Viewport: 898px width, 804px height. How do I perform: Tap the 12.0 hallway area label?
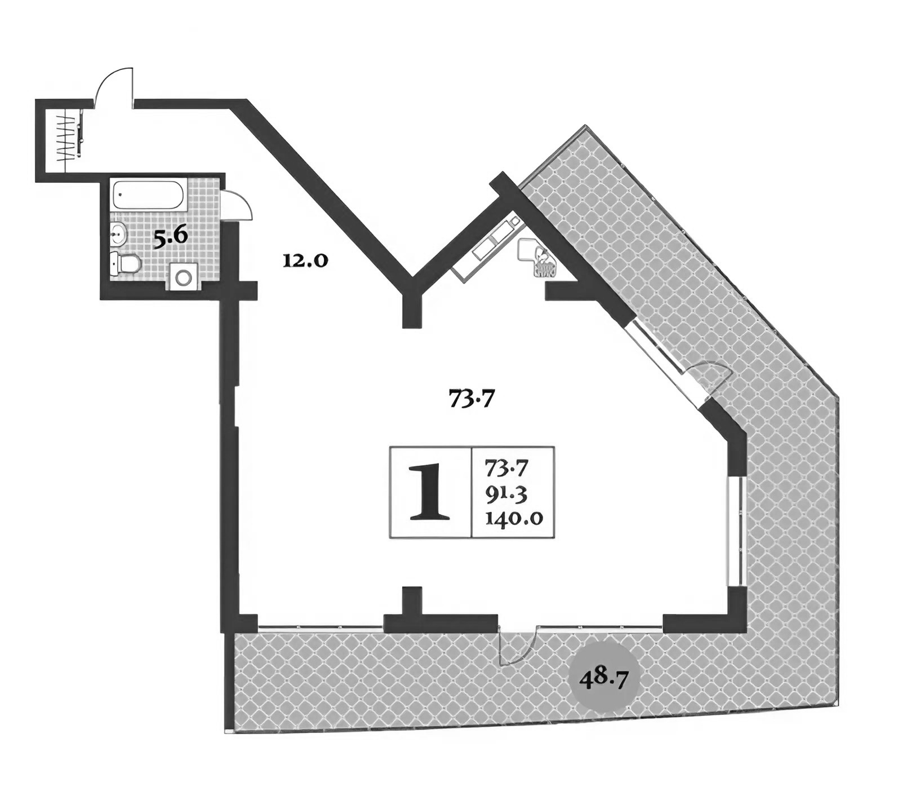point(305,260)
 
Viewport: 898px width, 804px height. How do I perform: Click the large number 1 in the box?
point(430,492)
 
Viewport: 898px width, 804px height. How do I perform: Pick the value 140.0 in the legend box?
point(513,517)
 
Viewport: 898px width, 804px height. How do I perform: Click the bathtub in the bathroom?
point(147,195)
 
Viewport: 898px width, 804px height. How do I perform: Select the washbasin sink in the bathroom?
point(117,233)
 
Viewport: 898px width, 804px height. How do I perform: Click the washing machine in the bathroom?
point(184,277)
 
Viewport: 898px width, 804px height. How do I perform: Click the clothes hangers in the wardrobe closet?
point(66,137)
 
